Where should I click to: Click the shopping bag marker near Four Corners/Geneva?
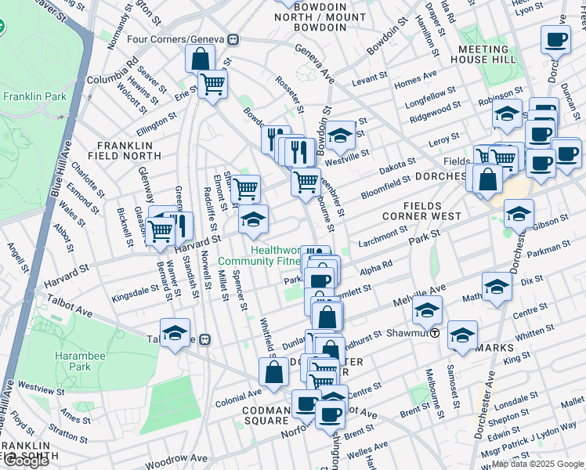click(201, 58)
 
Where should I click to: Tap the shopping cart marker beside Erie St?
click(212, 84)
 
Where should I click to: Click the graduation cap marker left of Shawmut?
click(427, 311)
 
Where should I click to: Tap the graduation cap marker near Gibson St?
click(519, 212)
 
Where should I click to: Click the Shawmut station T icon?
click(432, 332)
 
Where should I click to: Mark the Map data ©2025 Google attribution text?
click(537, 464)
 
